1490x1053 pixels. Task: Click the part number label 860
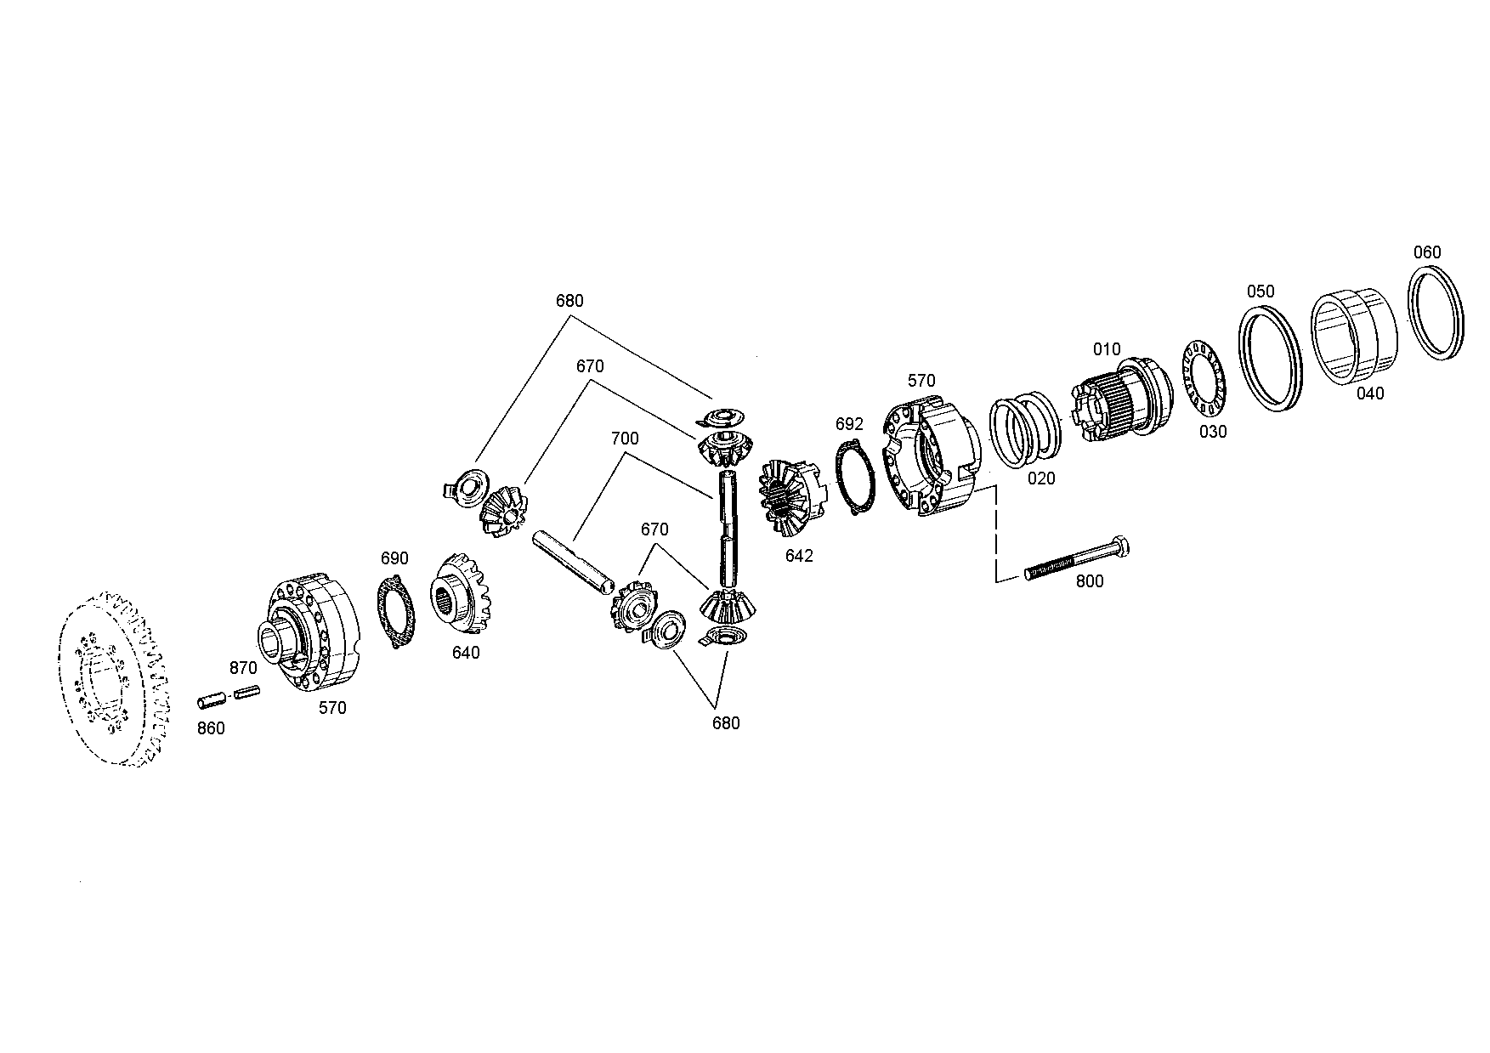coord(211,728)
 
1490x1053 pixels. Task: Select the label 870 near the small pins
coord(243,669)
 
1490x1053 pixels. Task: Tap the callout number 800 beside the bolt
coord(1090,581)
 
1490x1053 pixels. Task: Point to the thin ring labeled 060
coord(1437,312)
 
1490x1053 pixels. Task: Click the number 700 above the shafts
coord(625,439)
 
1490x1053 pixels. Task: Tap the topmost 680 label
coord(569,301)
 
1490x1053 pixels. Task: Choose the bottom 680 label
coord(726,723)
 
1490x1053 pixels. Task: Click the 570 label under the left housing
coord(332,707)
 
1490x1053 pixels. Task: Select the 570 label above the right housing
coord(921,381)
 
